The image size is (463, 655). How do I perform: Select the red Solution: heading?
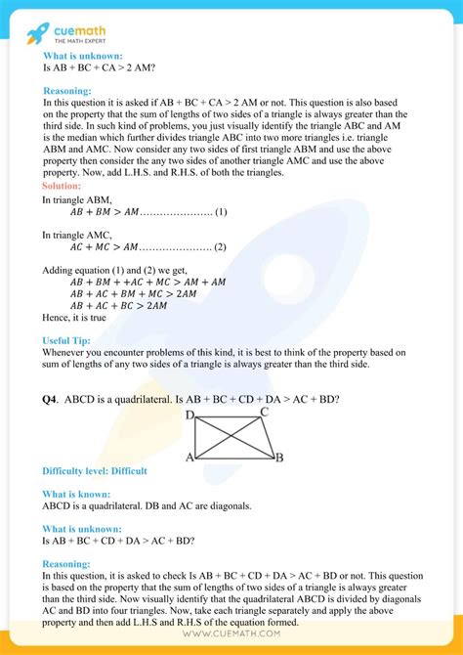pyautogui.click(x=63, y=186)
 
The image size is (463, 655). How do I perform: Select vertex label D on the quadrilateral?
pyautogui.click(x=189, y=415)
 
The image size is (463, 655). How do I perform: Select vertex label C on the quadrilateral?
pyautogui.click(x=264, y=414)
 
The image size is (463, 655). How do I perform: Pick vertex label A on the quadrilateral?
pyautogui.click(x=189, y=457)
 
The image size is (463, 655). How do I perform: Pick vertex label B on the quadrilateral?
pyautogui.click(x=278, y=457)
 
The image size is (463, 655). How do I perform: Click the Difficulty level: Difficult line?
pyautogui.click(x=95, y=471)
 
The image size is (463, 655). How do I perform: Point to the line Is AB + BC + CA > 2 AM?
pyautogui.click(x=101, y=68)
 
